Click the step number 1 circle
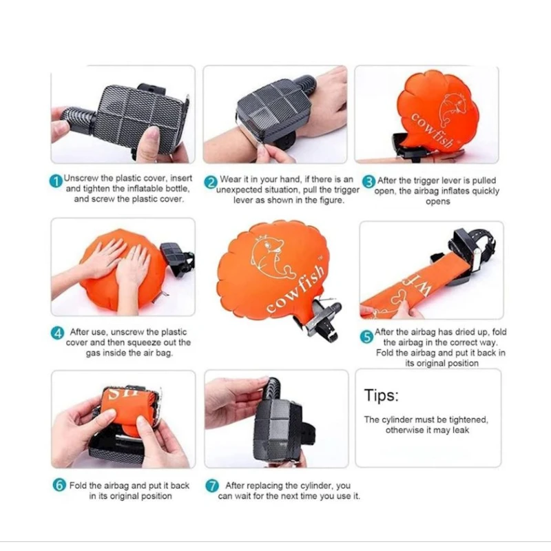coord(56,181)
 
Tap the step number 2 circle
coord(211,183)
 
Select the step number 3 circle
coord(369,182)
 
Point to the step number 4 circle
coord(57,333)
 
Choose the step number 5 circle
coord(367,337)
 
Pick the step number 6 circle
coord(59,485)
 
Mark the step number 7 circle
coord(212,486)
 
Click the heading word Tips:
coord(382,395)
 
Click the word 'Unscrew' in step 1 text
coord(81,178)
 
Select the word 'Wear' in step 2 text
coord(231,179)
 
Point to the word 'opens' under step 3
coord(438,202)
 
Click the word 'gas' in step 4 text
coord(93,353)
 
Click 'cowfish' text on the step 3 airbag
coord(432,130)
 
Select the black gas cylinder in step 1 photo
coord(77,118)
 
